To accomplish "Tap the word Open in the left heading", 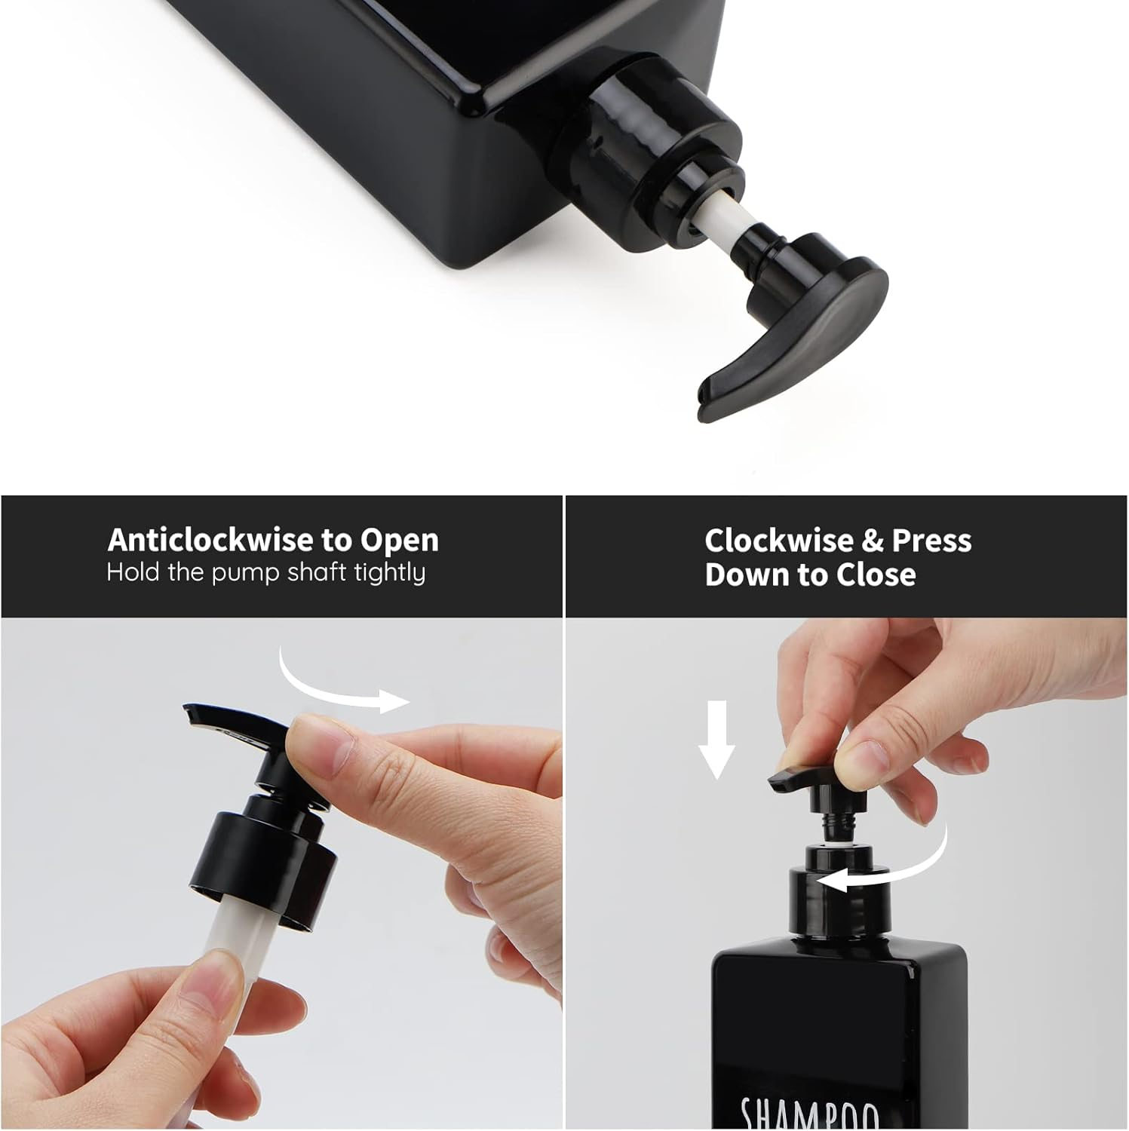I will tap(399, 541).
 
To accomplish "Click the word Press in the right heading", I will tap(931, 541).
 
